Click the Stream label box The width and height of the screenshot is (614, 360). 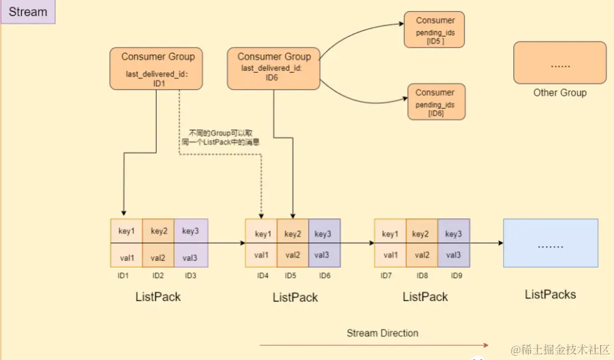click(28, 12)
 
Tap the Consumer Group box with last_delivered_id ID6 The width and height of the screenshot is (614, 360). click(274, 68)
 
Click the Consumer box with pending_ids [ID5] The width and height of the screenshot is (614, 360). click(435, 29)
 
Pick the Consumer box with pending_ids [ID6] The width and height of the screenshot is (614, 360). click(435, 102)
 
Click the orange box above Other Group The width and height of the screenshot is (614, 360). click(559, 63)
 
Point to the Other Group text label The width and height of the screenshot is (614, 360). click(559, 93)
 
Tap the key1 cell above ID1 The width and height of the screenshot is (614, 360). click(126, 231)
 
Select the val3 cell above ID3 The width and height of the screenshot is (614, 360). click(190, 256)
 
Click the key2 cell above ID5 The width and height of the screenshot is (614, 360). click(292, 234)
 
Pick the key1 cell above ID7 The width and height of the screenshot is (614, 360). click(390, 234)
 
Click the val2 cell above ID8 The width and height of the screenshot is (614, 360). click(422, 255)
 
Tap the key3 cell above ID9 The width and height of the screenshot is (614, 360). click(454, 234)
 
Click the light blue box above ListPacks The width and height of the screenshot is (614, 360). click(550, 244)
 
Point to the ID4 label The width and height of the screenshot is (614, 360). click(263, 275)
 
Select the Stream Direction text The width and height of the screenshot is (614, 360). click(382, 333)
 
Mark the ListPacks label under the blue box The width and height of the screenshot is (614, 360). click(550, 294)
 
